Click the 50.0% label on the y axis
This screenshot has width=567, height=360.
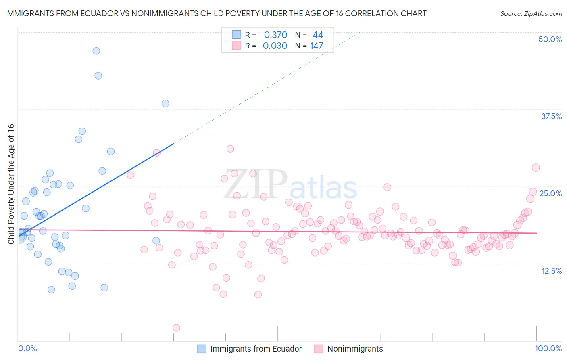tap(550, 39)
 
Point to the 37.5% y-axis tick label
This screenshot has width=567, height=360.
tap(551, 116)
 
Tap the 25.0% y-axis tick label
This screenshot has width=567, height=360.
tap(550, 193)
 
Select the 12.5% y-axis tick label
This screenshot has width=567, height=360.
tap(551, 271)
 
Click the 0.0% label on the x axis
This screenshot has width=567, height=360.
tap(27, 348)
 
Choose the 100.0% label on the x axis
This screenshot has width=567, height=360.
tap(548, 348)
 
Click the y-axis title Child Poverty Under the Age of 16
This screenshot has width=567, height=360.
tap(11, 184)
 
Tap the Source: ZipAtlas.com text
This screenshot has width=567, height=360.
tap(531, 13)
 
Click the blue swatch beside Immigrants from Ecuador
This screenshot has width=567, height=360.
tap(202, 349)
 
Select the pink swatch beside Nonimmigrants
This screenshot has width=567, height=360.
tap(319, 349)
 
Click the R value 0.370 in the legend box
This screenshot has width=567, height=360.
tap(275, 35)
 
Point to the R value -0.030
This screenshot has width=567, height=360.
tap(273, 46)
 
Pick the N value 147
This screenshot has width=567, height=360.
tap(317, 46)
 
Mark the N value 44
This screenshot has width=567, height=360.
tap(318, 35)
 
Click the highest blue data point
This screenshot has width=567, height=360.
tap(96, 51)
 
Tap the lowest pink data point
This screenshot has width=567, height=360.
tap(176, 328)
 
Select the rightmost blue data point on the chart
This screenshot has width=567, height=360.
tap(165, 103)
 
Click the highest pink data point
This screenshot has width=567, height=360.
tap(230, 149)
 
